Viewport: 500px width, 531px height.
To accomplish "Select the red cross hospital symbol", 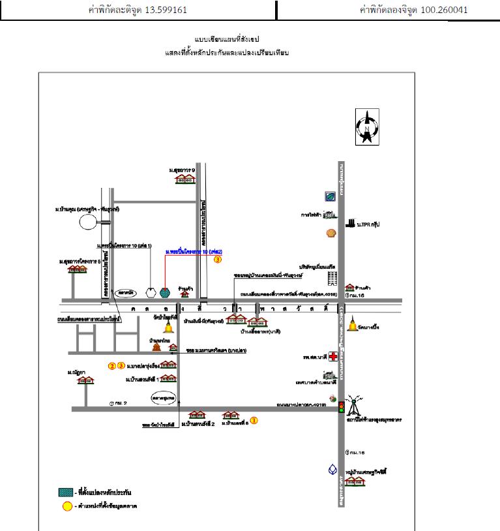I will click(x=334, y=357).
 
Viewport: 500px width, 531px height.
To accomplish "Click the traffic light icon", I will click(x=340, y=407).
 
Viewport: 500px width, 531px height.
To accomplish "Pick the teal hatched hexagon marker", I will click(x=164, y=291).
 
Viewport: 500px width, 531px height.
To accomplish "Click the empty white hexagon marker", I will click(x=151, y=291).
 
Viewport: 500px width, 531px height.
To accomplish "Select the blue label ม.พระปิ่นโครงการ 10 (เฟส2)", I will click(x=194, y=251).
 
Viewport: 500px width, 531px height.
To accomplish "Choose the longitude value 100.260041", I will click(x=441, y=10).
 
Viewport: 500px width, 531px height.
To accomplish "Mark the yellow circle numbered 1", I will click(x=254, y=421).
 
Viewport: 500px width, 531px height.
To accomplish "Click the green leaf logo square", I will click(x=331, y=196).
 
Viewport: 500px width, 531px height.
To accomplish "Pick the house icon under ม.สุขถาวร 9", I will click(x=186, y=179).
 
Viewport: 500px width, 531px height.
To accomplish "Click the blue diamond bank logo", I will click(x=333, y=470).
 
